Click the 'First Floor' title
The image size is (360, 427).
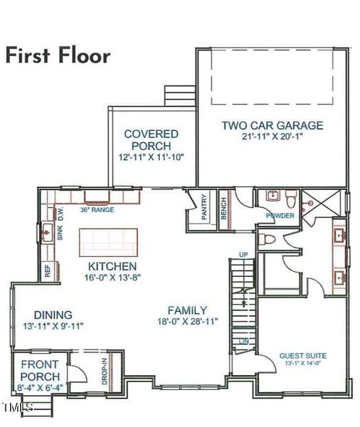coord(58,56)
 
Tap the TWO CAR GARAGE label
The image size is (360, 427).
coord(272,126)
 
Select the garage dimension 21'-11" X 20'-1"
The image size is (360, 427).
coord(272,138)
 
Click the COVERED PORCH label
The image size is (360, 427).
coord(151,139)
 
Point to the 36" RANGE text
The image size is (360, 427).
coord(97,210)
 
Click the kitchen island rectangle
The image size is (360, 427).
coord(109,241)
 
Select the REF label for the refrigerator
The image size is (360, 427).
coord(48,270)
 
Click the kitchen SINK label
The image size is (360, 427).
coord(60,233)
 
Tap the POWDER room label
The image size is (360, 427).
coord(280,216)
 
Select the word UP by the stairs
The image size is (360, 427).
coord(243,255)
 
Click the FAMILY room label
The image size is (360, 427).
coord(187,310)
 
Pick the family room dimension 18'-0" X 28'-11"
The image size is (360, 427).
coord(187,322)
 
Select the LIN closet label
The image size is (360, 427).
coord(244,343)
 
